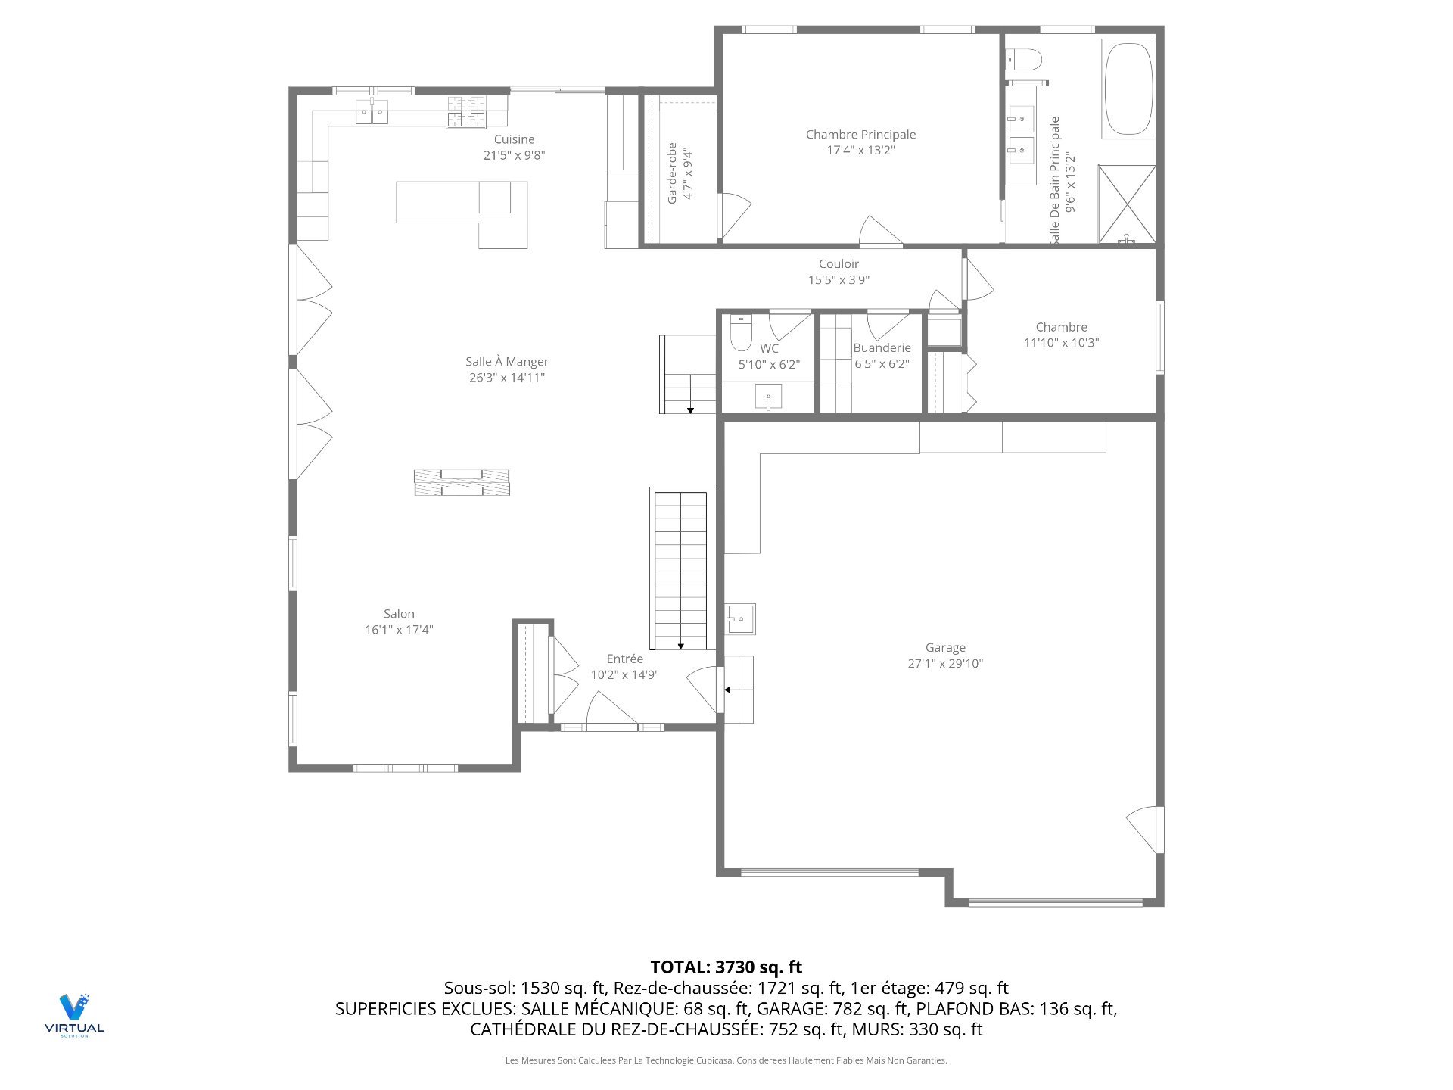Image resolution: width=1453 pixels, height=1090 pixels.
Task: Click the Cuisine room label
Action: coord(515,139)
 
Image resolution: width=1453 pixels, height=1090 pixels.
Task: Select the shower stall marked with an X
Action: coord(1127,204)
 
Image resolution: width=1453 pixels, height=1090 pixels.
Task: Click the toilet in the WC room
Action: coord(741,332)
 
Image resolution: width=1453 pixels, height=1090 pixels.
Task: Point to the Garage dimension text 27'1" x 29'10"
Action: coord(945,664)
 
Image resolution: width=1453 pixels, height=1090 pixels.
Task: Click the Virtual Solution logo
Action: coord(74,1015)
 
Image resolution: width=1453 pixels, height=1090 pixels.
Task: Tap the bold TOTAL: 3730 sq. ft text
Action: coord(726,967)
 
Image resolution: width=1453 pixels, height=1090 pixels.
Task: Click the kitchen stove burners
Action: coord(465,112)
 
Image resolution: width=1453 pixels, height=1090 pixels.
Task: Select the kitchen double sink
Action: coord(372,112)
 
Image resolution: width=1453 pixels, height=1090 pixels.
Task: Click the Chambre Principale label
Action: coord(860,135)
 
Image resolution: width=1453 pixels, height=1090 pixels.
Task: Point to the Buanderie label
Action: coord(882,348)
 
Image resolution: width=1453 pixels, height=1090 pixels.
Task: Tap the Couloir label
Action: coord(839,264)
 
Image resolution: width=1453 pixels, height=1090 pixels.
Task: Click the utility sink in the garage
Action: coord(740,619)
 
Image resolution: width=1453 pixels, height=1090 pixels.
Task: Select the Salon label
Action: coord(399,614)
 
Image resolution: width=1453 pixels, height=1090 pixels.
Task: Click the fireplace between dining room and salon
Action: coord(462,482)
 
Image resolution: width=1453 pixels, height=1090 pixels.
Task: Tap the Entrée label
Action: coord(625,659)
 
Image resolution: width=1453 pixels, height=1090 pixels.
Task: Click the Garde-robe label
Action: coord(672,173)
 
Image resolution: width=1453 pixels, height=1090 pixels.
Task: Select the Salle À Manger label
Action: coord(507,362)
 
